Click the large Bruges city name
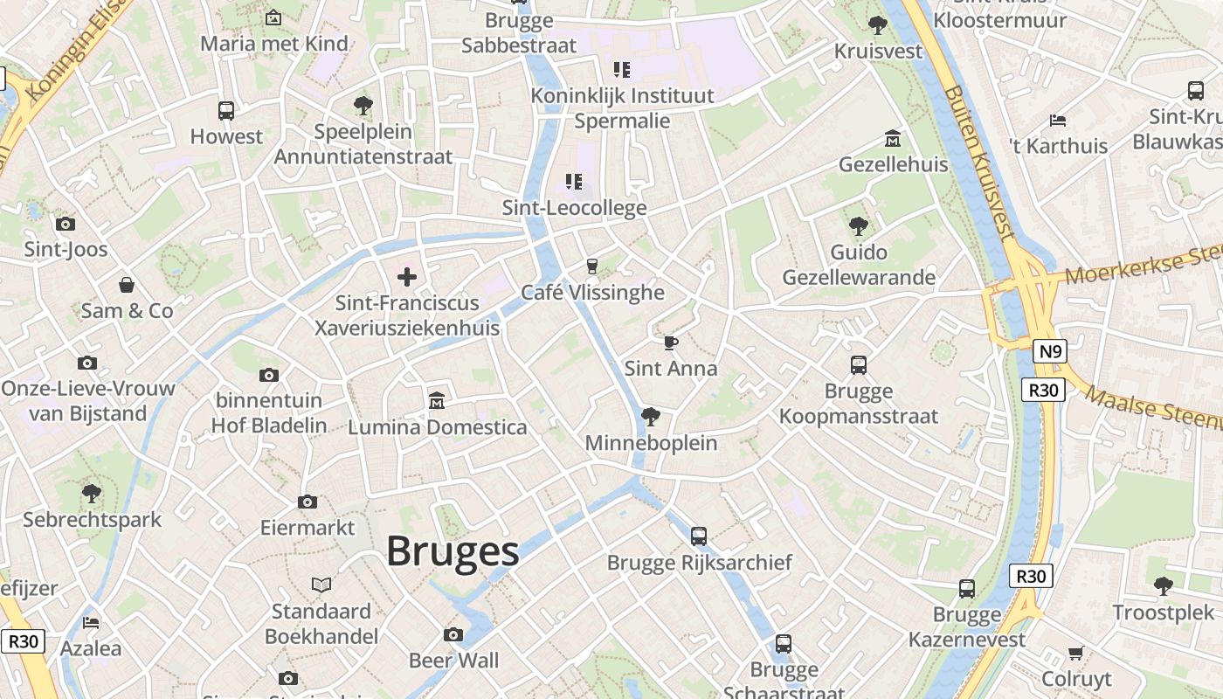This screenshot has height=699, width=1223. click(453, 551)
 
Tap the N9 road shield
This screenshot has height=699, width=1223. click(1049, 352)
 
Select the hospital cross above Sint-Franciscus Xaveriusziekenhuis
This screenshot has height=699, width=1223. click(407, 278)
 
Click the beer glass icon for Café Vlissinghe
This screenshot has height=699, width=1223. click(593, 266)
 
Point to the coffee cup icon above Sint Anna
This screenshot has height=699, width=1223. click(670, 343)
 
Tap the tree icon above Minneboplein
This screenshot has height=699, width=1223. click(650, 417)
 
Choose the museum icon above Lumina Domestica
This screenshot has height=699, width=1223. click(437, 401)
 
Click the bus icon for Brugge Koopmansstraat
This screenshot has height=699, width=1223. click(859, 365)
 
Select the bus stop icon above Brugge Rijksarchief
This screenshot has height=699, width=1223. click(699, 536)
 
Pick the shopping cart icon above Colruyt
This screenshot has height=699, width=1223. click(1076, 653)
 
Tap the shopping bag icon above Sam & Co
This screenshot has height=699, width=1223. click(127, 285)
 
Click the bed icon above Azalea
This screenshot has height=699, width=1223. click(91, 623)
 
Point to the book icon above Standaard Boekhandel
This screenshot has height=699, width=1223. click(321, 585)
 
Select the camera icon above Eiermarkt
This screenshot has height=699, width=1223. click(307, 502)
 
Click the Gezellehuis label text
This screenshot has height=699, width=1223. click(893, 164)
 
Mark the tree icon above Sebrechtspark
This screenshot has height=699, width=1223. click(92, 494)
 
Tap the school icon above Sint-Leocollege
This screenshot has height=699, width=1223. click(574, 182)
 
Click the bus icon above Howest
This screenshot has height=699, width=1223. click(226, 111)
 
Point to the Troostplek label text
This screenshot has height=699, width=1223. click(1163, 612)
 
